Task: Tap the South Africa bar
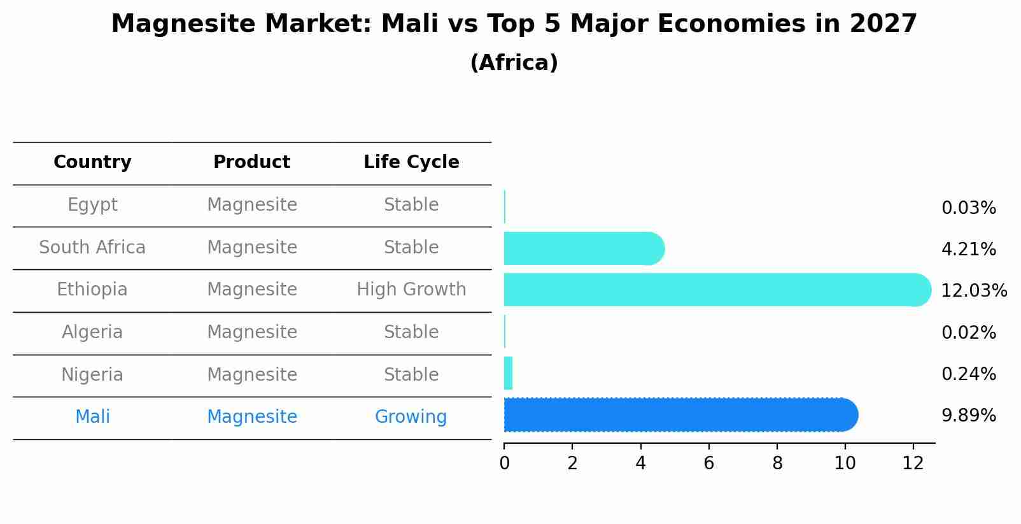[582, 248]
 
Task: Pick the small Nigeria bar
[508, 373]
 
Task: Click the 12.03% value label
[973, 291]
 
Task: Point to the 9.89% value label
[968, 416]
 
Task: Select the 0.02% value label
[968, 332]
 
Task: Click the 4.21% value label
[968, 250]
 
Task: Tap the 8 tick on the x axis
[777, 464]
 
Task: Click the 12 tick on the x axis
[913, 464]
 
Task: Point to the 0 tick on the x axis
[504, 464]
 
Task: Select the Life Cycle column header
[411, 162]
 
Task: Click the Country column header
[92, 162]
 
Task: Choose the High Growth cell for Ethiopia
[411, 290]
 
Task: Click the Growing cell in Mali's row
[411, 417]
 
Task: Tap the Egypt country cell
[92, 205]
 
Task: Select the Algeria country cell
[92, 332]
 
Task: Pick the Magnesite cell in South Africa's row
[252, 248]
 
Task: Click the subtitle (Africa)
[514, 63]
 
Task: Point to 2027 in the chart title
[883, 24]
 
